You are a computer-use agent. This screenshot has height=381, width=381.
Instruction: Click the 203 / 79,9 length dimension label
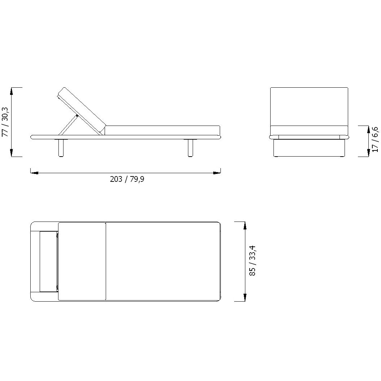point(127,179)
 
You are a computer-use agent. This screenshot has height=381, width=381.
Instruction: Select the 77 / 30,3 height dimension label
point(5,122)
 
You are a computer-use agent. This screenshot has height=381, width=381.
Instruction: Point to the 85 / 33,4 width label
point(253,261)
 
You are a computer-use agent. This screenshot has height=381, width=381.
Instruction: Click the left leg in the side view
point(61,148)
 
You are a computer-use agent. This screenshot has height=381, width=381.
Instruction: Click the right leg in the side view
point(190,148)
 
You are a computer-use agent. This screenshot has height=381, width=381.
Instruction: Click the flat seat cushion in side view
point(162,131)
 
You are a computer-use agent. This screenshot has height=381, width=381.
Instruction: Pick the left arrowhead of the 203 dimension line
point(34,173)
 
